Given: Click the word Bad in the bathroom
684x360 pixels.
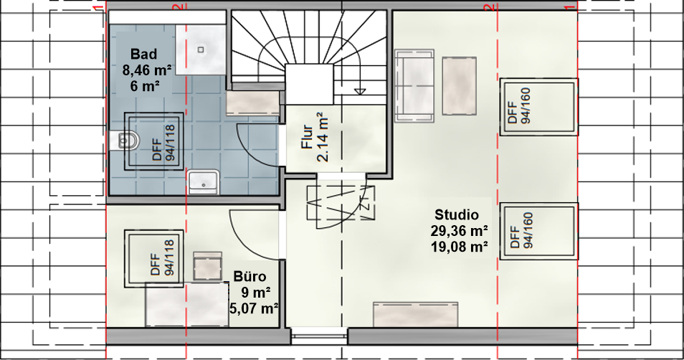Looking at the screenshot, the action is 143,55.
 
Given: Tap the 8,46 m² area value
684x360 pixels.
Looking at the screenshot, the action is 147,70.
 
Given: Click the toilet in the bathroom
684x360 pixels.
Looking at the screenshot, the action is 124,141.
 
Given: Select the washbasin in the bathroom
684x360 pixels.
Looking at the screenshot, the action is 204,181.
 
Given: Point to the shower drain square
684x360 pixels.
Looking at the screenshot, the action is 201,49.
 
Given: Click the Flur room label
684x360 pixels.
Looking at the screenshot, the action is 308,137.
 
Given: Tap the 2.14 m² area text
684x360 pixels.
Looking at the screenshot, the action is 323,137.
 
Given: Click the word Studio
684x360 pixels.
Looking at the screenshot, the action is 457,214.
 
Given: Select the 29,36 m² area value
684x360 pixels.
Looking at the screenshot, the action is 459,231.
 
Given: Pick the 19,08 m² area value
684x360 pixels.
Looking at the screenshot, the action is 459,247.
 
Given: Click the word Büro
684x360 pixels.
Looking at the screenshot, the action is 250,277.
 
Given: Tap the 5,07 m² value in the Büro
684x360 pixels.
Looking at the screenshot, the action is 255,308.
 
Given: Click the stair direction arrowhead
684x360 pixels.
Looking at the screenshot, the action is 360,91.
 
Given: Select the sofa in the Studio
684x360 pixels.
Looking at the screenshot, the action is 414,85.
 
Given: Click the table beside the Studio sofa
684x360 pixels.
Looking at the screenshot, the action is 459,86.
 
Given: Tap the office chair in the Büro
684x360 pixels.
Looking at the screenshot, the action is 208,266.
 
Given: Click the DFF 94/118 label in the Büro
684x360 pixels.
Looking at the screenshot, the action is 162,258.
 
